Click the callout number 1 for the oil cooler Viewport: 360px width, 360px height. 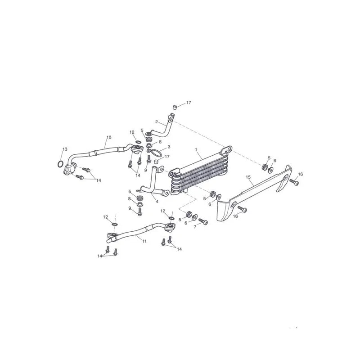pos(196,149)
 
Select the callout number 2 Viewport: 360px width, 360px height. pos(157,121)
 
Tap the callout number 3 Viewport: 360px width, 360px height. pos(169,147)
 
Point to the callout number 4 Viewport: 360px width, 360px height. pos(157,202)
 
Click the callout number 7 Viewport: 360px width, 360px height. pos(195,227)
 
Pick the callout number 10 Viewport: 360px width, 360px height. pos(108,137)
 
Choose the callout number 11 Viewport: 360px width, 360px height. pos(144,241)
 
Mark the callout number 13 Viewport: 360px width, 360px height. pos(65,149)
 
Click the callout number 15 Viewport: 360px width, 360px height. pos(248,177)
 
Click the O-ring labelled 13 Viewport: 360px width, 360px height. pos(60,164)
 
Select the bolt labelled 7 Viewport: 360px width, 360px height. pos(203,221)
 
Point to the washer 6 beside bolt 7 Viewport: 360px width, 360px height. pos(195,217)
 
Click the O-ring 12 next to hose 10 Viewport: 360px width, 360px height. pos(138,142)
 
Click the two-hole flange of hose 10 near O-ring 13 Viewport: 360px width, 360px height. pos(70,169)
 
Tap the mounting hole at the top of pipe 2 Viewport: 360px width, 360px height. pos(171,120)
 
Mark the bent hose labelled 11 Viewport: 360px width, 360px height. pos(139,232)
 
